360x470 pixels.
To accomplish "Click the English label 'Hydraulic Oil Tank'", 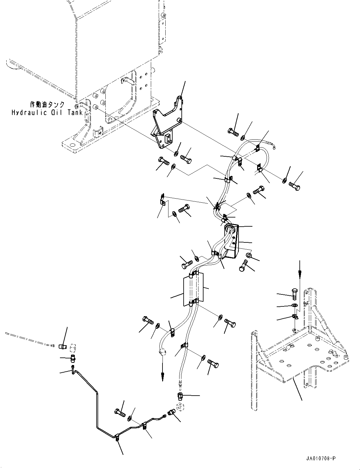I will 47,113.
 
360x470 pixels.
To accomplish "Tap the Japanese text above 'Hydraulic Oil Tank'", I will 47,105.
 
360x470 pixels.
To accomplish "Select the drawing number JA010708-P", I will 320,458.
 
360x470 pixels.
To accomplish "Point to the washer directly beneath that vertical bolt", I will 294,305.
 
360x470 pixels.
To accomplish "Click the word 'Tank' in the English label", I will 75,113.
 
